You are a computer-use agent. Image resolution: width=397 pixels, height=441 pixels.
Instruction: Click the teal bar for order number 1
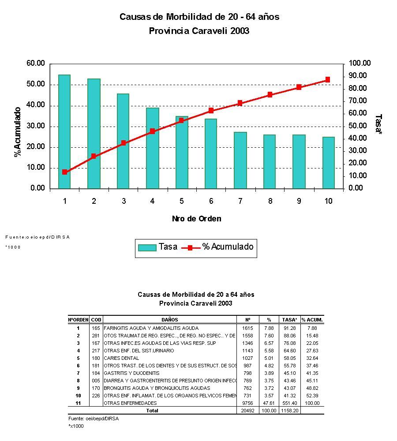point(64,131)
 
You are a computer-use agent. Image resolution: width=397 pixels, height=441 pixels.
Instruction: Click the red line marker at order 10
point(328,80)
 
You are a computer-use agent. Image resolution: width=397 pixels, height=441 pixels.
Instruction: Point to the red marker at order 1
point(64,172)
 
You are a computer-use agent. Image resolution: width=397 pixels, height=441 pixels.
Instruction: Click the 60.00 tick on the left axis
point(36,64)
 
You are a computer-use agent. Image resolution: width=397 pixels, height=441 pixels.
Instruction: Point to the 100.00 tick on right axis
point(360,64)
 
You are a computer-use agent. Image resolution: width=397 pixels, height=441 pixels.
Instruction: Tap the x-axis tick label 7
point(240,201)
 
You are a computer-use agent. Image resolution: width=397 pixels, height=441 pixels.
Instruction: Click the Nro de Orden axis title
point(196,219)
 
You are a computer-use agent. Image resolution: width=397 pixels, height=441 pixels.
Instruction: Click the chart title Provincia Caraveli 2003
point(198,31)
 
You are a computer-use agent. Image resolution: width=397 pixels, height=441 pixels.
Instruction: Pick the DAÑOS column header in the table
point(169,319)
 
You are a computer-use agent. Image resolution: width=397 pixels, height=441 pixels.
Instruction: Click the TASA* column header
point(290,319)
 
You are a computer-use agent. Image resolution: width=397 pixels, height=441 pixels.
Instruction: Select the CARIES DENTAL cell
point(119,358)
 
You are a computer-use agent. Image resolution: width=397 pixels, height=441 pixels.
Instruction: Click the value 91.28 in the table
point(290,328)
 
